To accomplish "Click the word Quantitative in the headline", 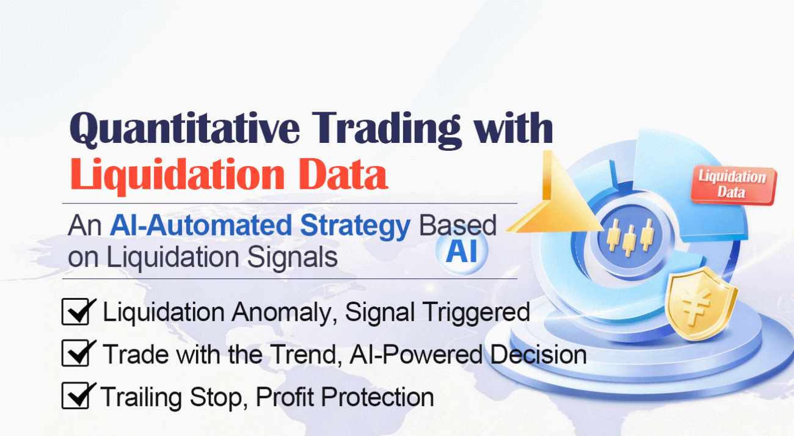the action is [x=184, y=128].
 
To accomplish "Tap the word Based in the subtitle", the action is [x=457, y=225].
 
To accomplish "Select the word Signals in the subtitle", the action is [x=292, y=258].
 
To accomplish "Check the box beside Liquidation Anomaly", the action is [x=75, y=311].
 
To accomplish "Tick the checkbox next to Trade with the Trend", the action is [x=75, y=353].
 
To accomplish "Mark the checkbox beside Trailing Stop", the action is [x=75, y=396].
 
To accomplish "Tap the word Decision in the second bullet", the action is [x=539, y=354].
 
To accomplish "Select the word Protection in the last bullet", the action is [x=377, y=397].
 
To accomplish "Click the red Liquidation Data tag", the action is [x=733, y=184].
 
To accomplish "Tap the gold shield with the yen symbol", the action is [x=700, y=304].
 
